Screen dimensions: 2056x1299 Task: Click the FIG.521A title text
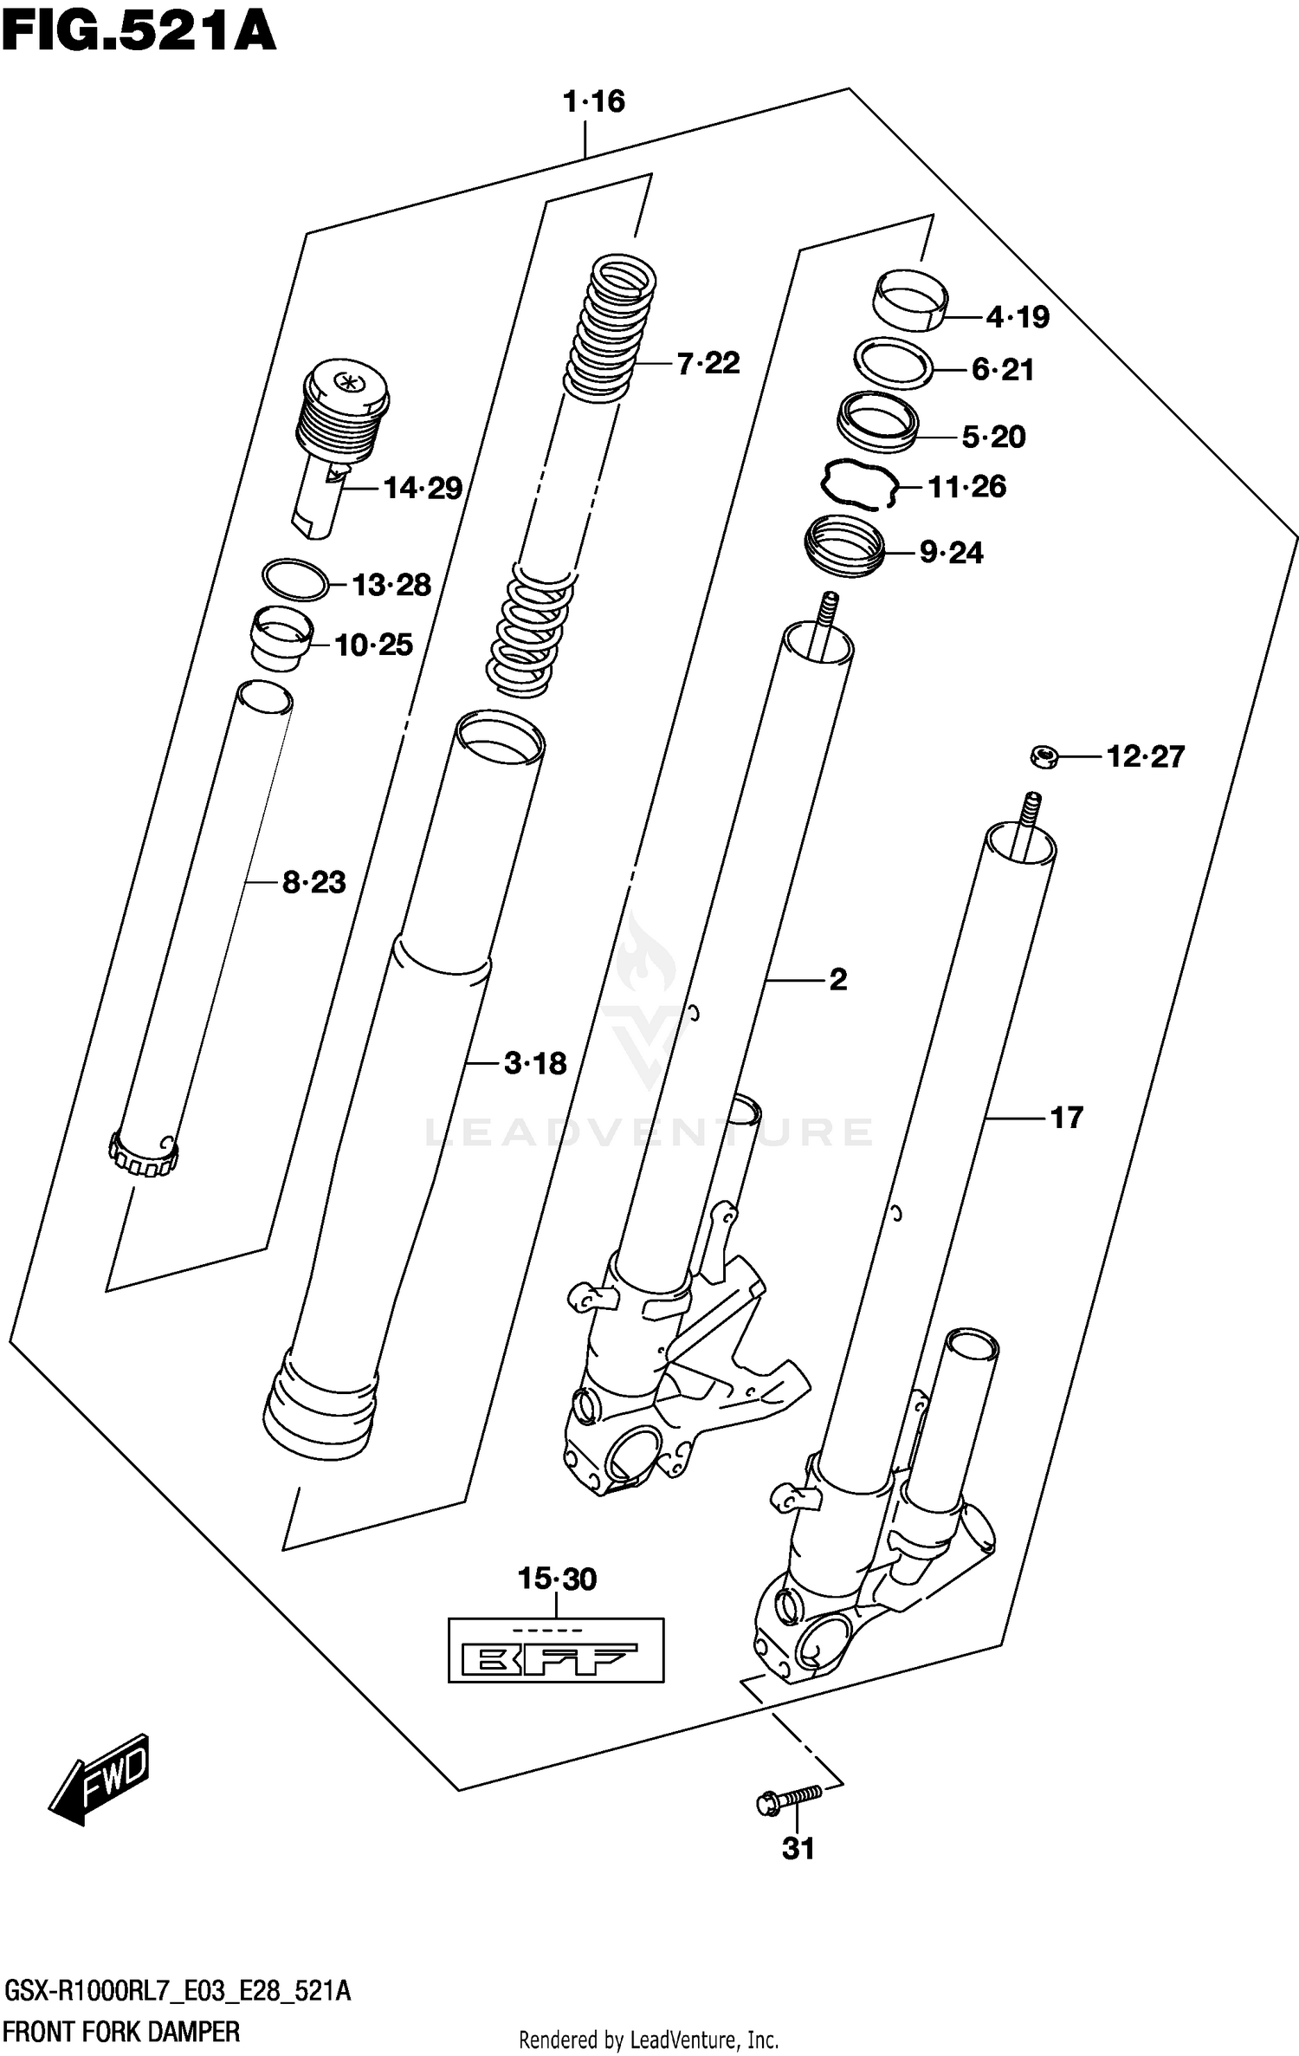coord(139,32)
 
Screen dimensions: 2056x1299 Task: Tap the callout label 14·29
coord(423,489)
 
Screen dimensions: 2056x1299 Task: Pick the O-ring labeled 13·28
coord(295,580)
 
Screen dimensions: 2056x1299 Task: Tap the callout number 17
coord(1066,1118)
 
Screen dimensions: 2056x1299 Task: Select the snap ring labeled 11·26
coord(858,485)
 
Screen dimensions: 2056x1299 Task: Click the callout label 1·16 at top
coord(593,101)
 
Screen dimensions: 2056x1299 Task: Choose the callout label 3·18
coord(535,1063)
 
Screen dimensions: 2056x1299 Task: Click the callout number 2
coord(837,980)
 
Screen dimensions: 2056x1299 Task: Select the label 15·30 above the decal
coord(557,1579)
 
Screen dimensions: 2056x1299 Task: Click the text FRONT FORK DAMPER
coord(121,2032)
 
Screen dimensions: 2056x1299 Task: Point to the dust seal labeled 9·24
coord(845,545)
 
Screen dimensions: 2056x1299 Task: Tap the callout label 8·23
coord(313,883)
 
